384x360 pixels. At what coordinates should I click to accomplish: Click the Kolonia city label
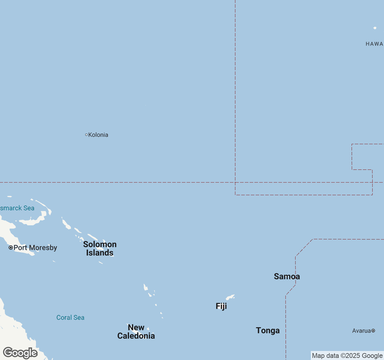pyautogui.click(x=98, y=135)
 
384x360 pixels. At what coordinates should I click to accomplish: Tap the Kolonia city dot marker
pyautogui.click(x=86, y=135)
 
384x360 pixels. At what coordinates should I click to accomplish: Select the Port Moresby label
pyautogui.click(x=35, y=248)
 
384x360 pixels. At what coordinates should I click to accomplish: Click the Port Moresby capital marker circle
pyautogui.click(x=11, y=247)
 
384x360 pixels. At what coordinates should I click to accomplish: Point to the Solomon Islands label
pyautogui.click(x=100, y=248)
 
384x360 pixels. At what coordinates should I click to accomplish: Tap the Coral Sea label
pyautogui.click(x=70, y=317)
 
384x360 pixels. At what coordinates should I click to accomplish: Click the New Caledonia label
pyautogui.click(x=136, y=331)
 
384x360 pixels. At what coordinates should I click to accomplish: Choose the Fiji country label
pyautogui.click(x=221, y=306)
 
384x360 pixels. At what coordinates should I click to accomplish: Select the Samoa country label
pyautogui.click(x=287, y=276)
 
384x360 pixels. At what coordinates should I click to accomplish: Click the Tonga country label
pyautogui.click(x=268, y=330)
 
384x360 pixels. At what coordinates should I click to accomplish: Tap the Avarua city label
pyautogui.click(x=361, y=331)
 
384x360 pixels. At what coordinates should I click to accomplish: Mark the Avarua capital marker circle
pyautogui.click(x=373, y=331)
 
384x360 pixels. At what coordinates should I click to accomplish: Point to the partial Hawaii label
pyautogui.click(x=374, y=44)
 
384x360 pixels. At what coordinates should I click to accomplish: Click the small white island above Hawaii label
pyautogui.click(x=375, y=28)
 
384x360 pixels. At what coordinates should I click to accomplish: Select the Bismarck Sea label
pyautogui.click(x=17, y=208)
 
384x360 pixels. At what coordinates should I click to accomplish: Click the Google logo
pyautogui.click(x=20, y=353)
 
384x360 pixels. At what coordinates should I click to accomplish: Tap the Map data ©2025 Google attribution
pyautogui.click(x=347, y=355)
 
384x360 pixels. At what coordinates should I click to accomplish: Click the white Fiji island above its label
pyautogui.click(x=230, y=297)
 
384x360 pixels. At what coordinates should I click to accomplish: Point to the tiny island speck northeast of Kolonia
pyautogui.click(x=146, y=105)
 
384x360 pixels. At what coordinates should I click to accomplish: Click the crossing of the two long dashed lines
pyautogui.click(x=235, y=182)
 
